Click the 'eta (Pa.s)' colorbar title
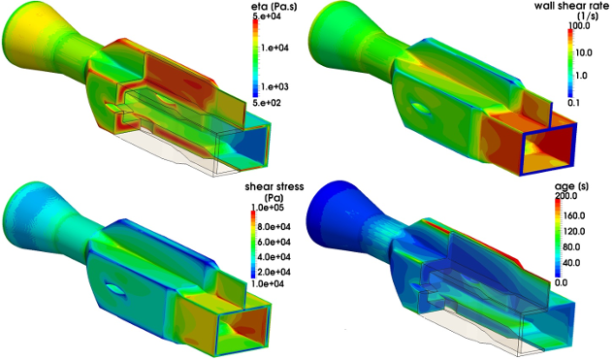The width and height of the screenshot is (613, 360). coord(274,6)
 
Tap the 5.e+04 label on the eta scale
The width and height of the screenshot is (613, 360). coord(267,16)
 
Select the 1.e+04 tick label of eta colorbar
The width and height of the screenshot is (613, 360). coord(274,48)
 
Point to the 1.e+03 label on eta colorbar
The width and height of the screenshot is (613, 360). coord(274,86)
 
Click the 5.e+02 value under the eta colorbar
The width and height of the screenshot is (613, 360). coord(267,103)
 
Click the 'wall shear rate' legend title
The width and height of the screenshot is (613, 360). coord(571,11)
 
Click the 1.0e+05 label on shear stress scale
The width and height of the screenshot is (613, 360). coord(268,208)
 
